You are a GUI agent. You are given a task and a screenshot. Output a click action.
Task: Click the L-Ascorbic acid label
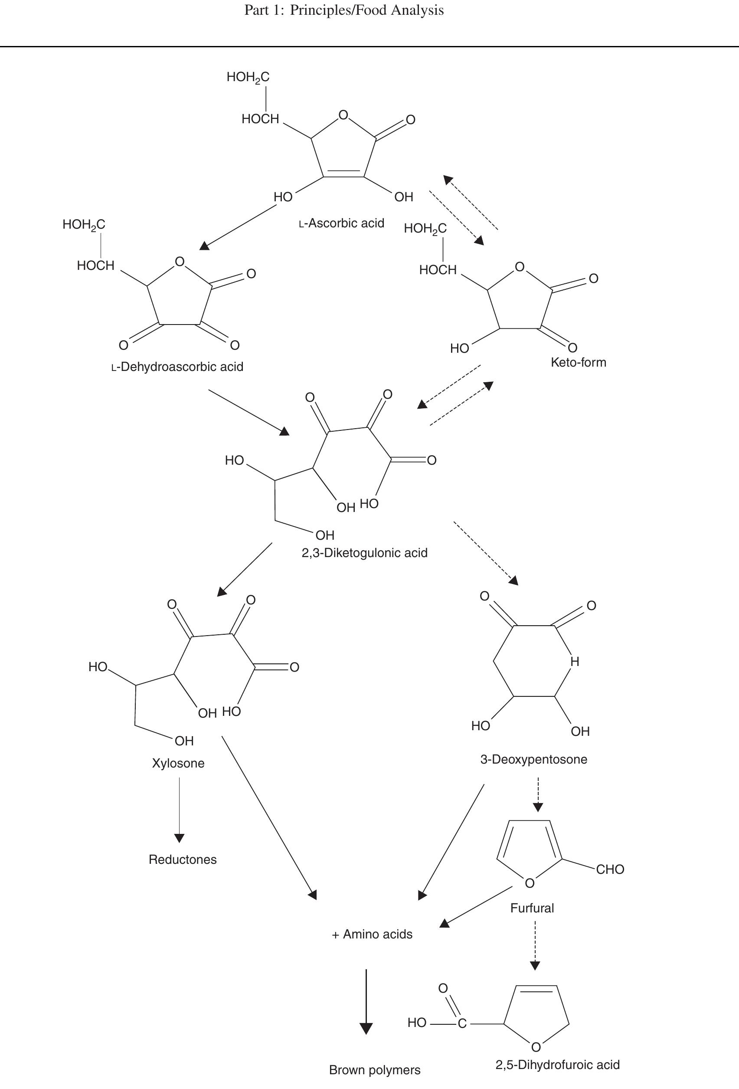(x=341, y=223)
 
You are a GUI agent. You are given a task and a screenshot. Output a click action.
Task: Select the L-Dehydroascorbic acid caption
(x=177, y=367)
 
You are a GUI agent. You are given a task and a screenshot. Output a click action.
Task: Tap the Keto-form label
(x=579, y=362)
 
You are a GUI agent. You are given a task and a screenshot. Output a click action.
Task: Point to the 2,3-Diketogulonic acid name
(x=364, y=553)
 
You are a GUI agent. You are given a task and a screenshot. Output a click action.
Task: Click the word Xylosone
(x=178, y=763)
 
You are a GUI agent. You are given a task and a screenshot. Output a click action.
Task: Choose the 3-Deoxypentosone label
(x=533, y=759)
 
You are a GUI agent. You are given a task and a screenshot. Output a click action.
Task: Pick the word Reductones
(x=183, y=859)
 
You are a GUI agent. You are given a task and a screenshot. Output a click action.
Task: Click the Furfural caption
(x=532, y=908)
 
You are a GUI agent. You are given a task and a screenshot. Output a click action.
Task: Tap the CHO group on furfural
(x=610, y=869)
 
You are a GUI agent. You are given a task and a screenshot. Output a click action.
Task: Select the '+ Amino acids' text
(x=372, y=935)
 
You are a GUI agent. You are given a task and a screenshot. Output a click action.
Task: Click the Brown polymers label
(x=375, y=1070)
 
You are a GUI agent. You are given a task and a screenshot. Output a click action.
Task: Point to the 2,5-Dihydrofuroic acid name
(x=557, y=1065)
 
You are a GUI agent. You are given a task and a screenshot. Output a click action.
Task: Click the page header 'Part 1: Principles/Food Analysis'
(x=344, y=10)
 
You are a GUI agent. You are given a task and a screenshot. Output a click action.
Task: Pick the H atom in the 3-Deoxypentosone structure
(x=575, y=662)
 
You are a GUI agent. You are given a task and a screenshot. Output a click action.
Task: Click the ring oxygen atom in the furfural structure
(x=530, y=884)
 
